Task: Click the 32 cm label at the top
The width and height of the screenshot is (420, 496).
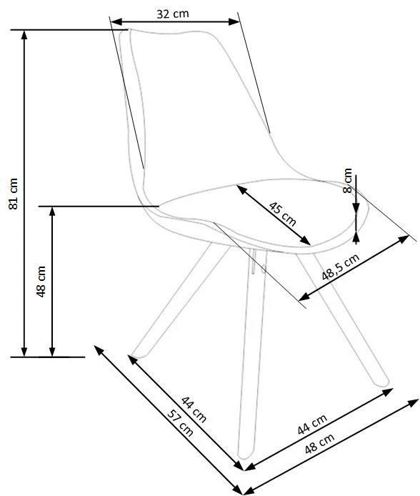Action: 173,14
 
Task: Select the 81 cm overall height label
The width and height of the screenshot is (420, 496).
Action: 14,194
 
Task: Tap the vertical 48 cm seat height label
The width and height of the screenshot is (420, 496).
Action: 41,282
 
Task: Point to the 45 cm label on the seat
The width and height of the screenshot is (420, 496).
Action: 283,214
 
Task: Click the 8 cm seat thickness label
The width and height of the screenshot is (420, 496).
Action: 347,180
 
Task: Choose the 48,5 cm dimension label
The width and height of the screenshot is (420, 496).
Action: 341,267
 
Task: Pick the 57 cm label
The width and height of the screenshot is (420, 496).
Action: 180,423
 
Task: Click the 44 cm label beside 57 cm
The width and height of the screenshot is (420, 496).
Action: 194,409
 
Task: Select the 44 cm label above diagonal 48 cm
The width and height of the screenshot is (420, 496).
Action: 312,425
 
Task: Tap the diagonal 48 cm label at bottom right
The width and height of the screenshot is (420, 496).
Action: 319,443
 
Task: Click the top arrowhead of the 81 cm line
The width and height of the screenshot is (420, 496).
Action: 24,35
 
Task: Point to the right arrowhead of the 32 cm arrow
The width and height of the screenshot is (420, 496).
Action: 234,22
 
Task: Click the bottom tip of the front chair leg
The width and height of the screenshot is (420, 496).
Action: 244,456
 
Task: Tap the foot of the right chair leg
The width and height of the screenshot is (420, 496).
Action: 382,382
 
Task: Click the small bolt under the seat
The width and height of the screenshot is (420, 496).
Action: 264,269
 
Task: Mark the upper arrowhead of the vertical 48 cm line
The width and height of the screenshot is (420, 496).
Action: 52,212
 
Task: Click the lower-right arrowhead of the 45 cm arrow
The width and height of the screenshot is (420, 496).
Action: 306,241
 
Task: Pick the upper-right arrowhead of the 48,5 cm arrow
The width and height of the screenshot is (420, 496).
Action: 404,239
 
